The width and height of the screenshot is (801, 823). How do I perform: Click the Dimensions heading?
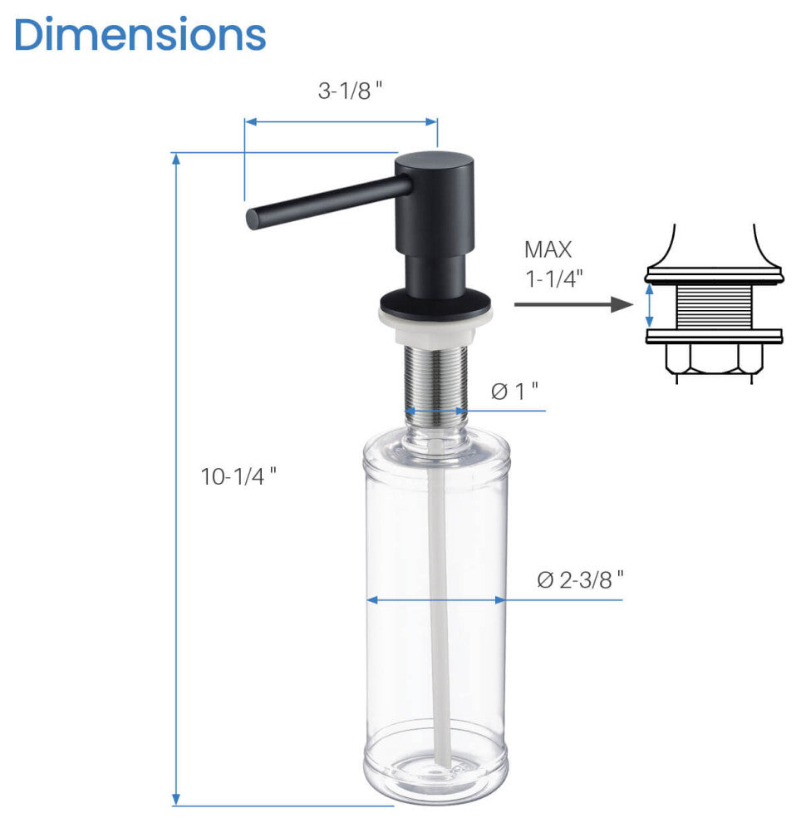pyautogui.click(x=140, y=34)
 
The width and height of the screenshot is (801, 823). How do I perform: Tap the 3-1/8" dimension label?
pyautogui.click(x=350, y=91)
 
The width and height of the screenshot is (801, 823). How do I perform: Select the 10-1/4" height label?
pyautogui.click(x=238, y=476)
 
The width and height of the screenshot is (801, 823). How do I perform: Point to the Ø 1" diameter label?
pyautogui.click(x=514, y=391)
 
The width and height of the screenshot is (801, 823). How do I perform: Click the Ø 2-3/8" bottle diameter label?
pyautogui.click(x=580, y=580)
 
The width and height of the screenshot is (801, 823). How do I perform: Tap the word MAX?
pyautogui.click(x=548, y=250)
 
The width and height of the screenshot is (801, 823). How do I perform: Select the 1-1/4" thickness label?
pyautogui.click(x=554, y=278)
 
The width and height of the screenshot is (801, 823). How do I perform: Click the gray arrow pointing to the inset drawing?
pyautogui.click(x=574, y=304)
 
